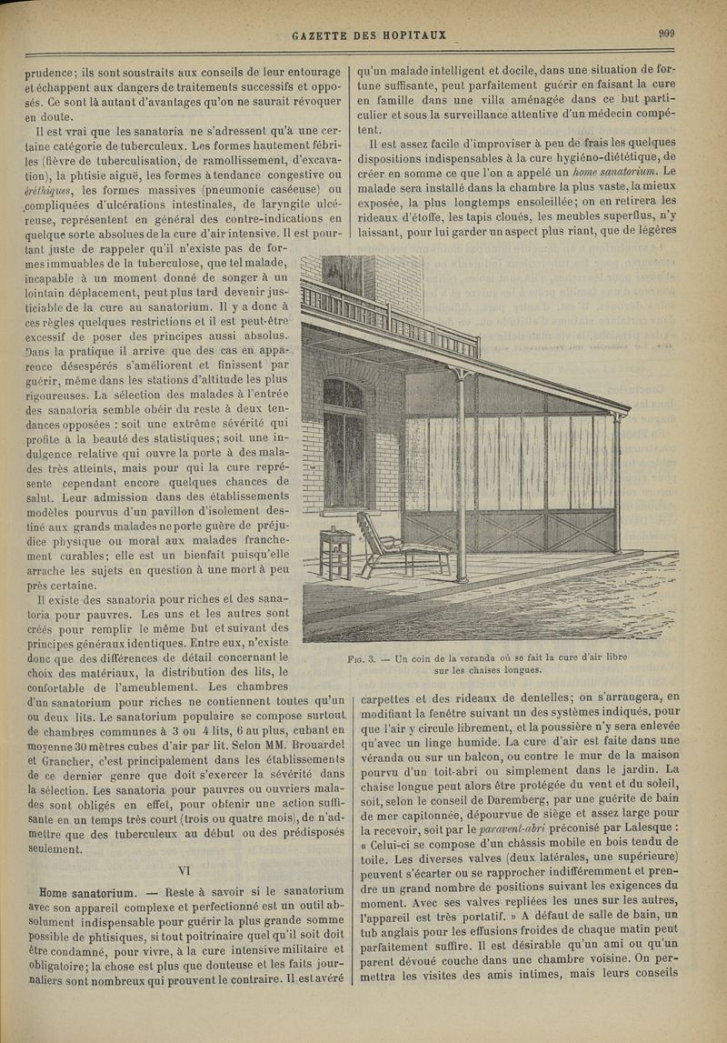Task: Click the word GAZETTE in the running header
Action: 325,35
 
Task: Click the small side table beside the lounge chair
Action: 335,556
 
